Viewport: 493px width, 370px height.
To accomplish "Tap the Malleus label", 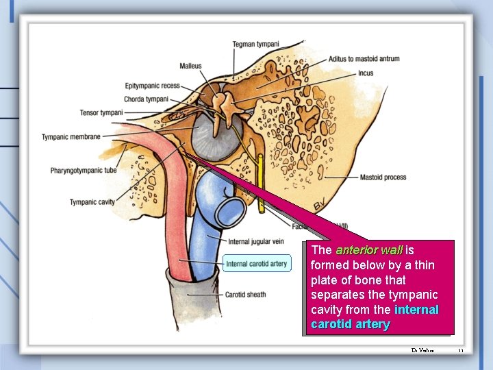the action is click(x=190, y=66).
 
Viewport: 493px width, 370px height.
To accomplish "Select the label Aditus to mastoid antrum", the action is click(x=364, y=59).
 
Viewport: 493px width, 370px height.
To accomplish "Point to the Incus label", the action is click(x=365, y=73).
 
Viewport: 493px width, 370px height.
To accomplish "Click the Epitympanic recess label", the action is click(x=152, y=86).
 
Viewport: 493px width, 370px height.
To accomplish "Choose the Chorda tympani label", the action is click(x=146, y=99).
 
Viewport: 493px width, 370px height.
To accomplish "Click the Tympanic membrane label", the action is click(x=71, y=137).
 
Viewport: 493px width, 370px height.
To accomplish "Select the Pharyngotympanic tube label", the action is click(x=84, y=170).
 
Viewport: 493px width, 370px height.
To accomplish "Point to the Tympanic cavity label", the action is click(x=92, y=202).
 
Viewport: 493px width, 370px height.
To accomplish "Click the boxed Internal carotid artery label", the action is click(x=256, y=264).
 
